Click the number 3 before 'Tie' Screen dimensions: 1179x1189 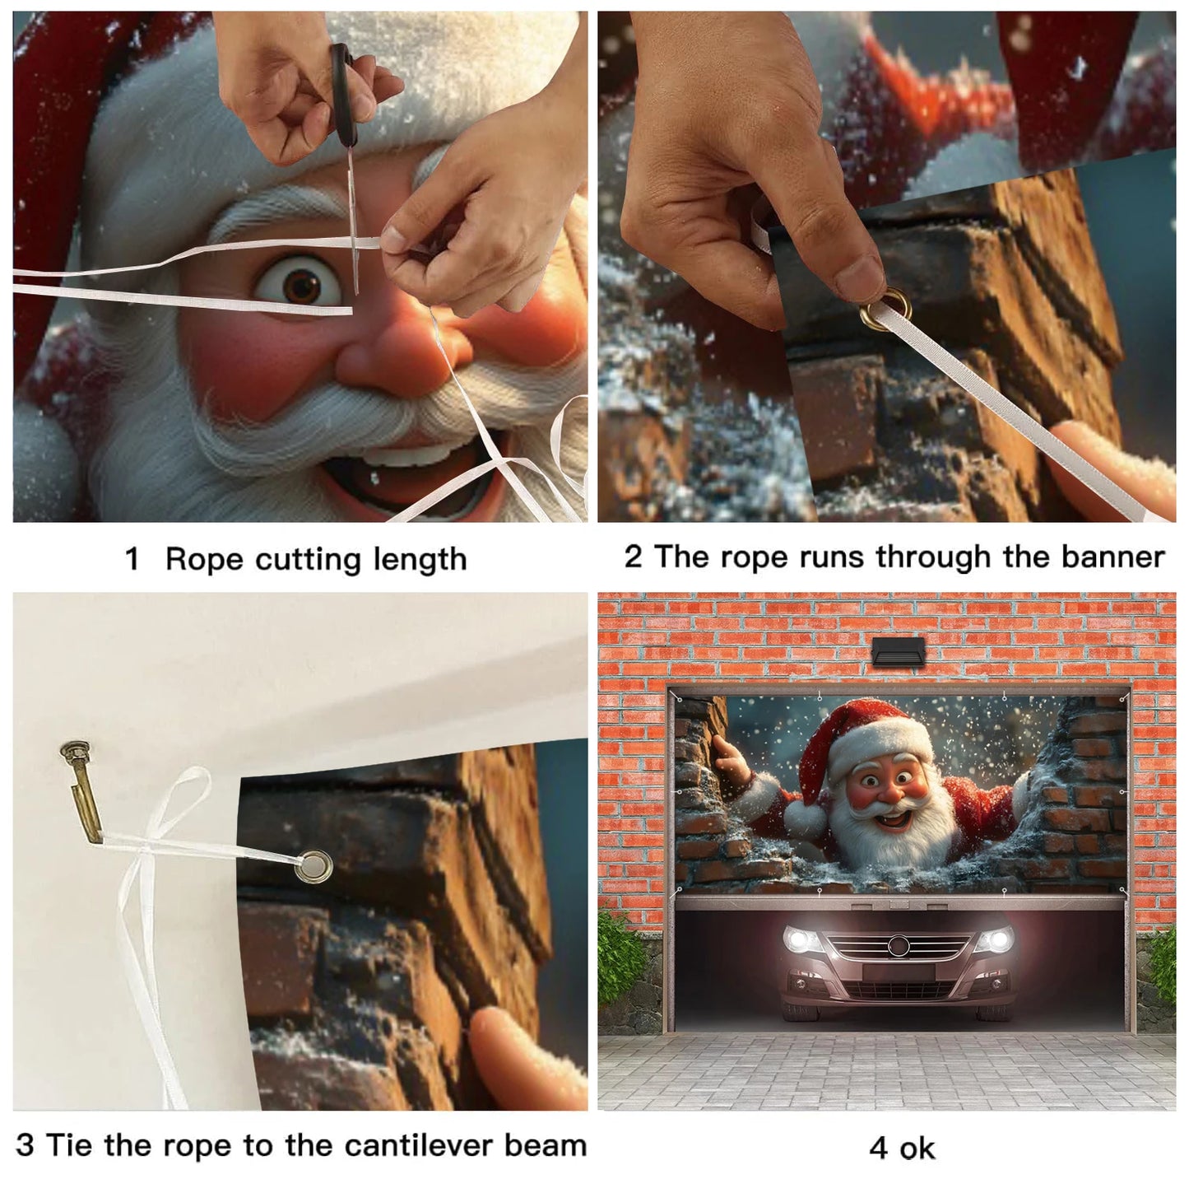tap(26, 1145)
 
